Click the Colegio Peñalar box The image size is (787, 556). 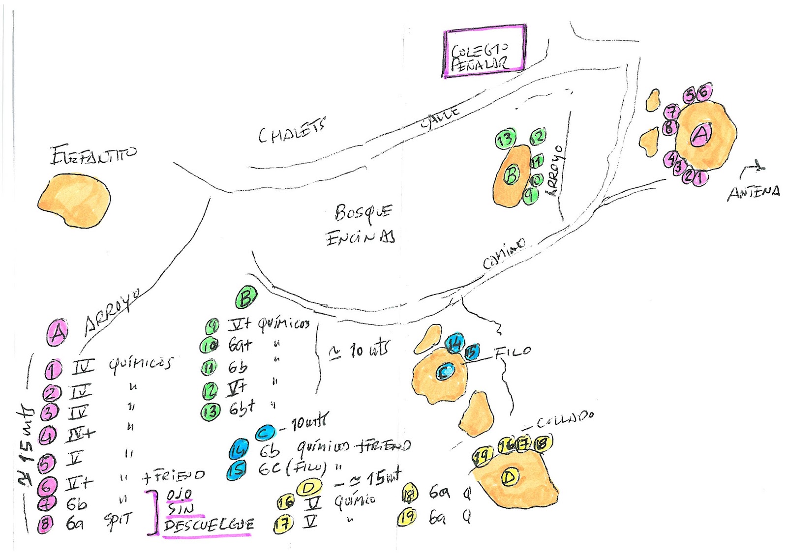[x=484, y=51]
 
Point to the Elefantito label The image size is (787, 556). [x=93, y=155]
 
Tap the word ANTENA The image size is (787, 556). [x=754, y=192]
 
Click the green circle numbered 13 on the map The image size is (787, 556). [x=505, y=140]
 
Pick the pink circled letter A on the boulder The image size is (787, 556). [x=701, y=134]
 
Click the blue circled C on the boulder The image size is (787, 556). [x=445, y=372]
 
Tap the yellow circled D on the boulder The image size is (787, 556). [x=510, y=477]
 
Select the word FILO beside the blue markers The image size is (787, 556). [x=513, y=352]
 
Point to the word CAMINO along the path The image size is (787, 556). [x=504, y=253]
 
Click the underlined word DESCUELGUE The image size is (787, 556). [x=209, y=526]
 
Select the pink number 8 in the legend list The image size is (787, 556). [x=45, y=524]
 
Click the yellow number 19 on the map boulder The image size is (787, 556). [x=482, y=457]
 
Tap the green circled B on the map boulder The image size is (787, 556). [x=512, y=175]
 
